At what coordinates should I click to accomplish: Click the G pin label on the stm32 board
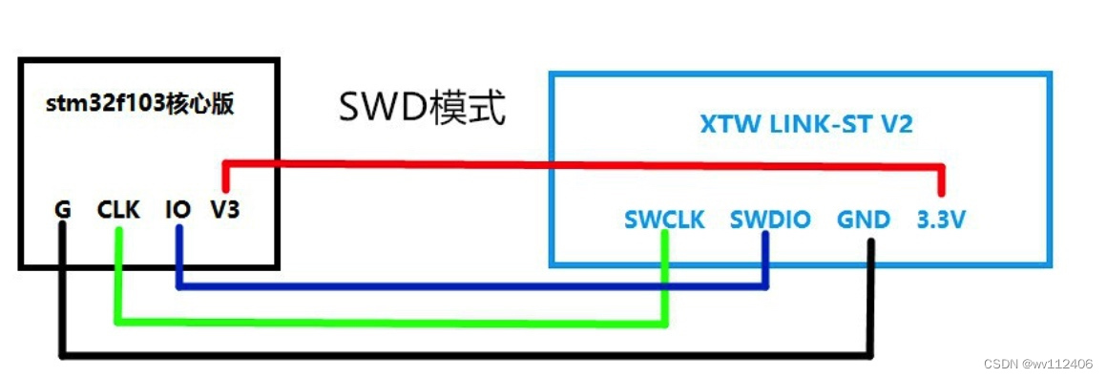(63, 209)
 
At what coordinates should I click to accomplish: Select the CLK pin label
(118, 209)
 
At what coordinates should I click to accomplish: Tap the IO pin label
(178, 209)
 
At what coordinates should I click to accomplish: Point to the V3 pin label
(225, 209)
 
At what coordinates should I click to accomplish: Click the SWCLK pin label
(664, 220)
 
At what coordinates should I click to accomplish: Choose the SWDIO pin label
(769, 220)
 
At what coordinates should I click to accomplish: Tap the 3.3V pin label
(941, 220)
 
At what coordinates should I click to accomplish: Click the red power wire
(573, 164)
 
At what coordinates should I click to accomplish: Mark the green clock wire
(382, 322)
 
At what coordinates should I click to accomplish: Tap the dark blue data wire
(477, 284)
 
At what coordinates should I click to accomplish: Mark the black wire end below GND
(869, 253)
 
